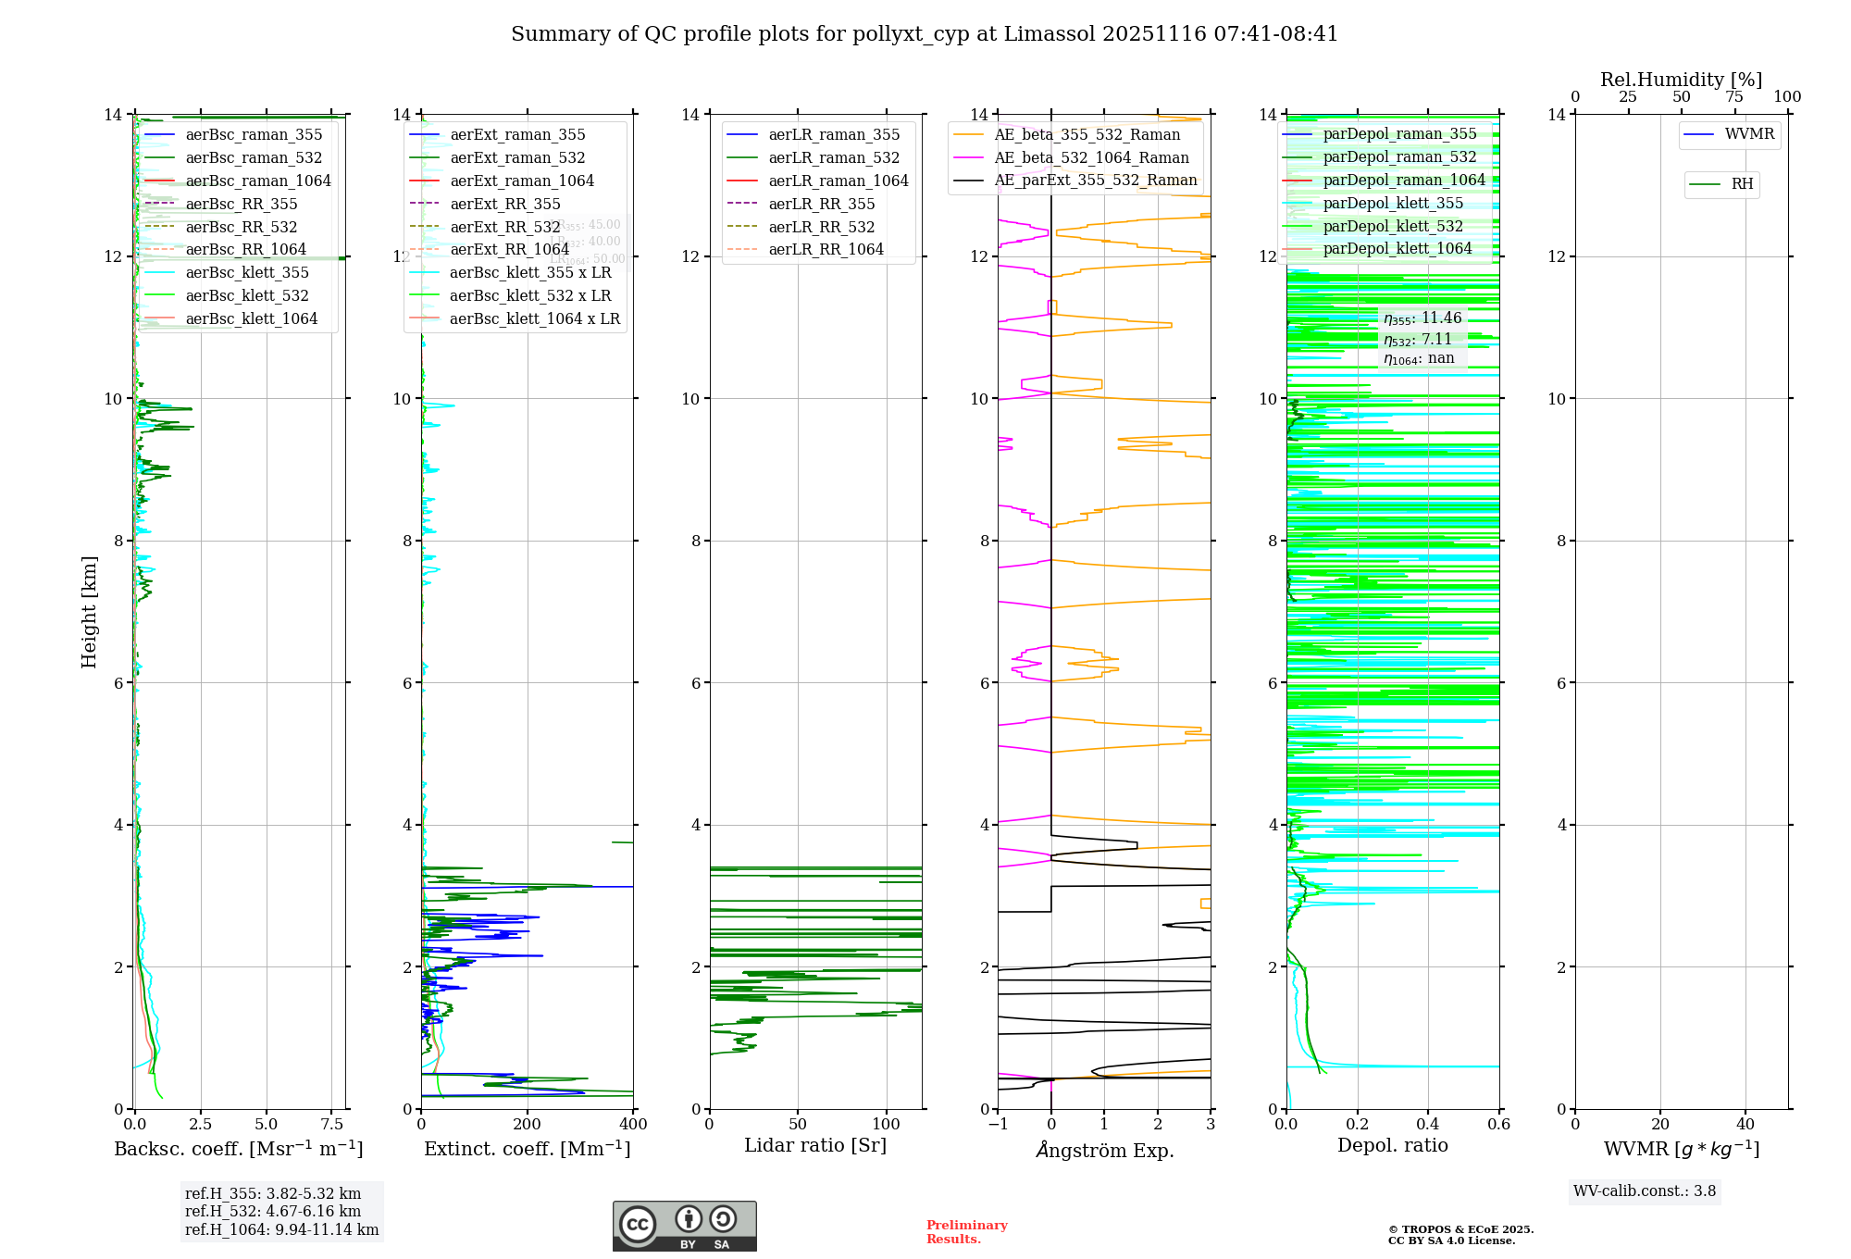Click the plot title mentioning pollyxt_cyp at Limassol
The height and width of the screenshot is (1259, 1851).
925,34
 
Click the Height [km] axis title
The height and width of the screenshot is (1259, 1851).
89,611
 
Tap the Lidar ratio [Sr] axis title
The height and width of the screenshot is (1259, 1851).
815,1145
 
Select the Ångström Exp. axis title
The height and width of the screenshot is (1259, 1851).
1104,1150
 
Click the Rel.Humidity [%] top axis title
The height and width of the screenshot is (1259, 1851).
1681,80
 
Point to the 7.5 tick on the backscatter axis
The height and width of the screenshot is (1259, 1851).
331,1125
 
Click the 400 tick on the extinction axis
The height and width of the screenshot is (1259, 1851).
633,1125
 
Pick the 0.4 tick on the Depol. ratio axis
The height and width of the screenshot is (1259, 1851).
1428,1125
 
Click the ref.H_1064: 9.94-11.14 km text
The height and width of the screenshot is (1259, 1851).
281,1230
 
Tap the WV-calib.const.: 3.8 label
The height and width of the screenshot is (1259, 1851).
1644,1191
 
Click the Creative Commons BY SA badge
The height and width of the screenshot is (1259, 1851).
684,1227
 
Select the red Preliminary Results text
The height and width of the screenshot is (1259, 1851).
966,1232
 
